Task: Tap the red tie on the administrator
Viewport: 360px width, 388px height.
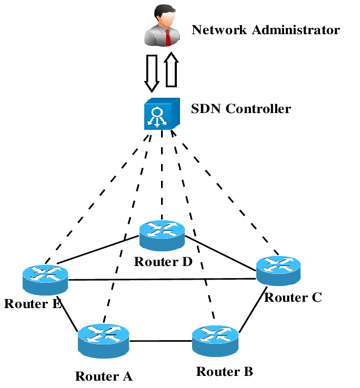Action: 167,37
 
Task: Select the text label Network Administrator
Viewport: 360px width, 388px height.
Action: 266,29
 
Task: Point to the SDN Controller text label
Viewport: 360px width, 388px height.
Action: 241,109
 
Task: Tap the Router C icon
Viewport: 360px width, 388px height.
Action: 278,271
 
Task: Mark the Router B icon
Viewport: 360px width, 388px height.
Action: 216,341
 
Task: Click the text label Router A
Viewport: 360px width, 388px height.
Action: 104,376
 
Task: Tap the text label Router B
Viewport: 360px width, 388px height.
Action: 225,372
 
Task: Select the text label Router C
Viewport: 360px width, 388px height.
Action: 293,298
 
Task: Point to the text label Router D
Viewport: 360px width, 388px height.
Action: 163,261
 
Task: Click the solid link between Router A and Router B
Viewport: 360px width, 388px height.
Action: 160,341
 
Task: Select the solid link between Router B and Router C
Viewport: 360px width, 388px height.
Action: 251,313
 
